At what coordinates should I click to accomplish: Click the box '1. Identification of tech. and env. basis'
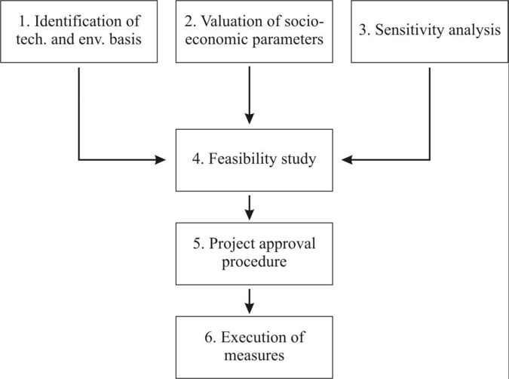point(78,32)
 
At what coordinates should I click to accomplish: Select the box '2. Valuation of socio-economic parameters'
point(254,32)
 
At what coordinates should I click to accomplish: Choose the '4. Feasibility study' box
point(254,160)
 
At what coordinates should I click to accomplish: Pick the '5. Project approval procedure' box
point(254,253)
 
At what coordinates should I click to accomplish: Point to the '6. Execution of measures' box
point(254,346)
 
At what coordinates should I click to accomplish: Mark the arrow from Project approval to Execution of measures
point(250,300)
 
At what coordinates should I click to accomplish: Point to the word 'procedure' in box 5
point(254,263)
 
